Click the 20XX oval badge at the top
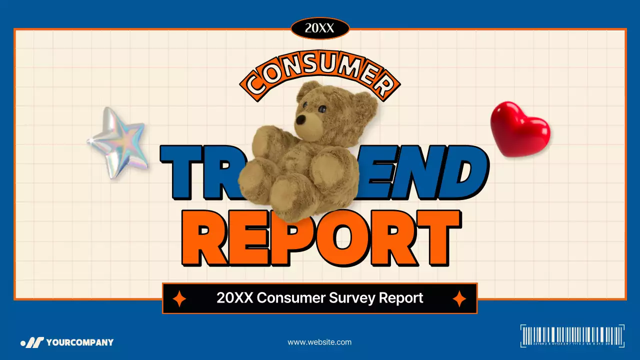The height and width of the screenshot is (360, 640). coord(319,28)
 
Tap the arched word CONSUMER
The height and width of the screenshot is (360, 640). coord(320,75)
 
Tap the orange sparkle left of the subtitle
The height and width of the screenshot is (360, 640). coord(179,298)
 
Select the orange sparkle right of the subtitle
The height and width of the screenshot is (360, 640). coord(459,298)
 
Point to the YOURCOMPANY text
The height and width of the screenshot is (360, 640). coord(80,342)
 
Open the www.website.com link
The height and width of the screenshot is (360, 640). coord(319,342)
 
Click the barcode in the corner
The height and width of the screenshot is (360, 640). coord(572,335)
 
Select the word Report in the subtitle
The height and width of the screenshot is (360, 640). coord(401,298)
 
